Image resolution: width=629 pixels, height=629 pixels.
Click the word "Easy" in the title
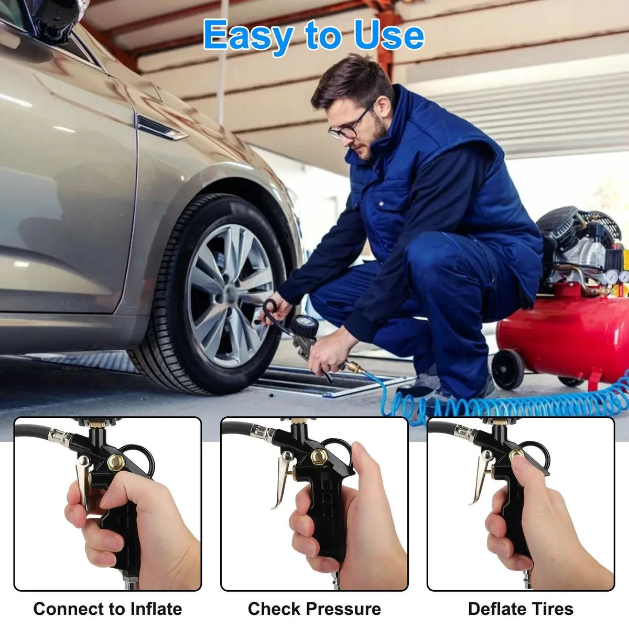[x=248, y=35]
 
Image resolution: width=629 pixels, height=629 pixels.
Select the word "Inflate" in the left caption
[x=156, y=600]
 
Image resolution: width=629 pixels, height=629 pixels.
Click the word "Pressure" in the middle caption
[x=343, y=600]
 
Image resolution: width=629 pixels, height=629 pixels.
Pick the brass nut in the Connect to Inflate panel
[x=116, y=462]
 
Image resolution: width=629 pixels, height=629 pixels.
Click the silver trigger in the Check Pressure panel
[x=281, y=479]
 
